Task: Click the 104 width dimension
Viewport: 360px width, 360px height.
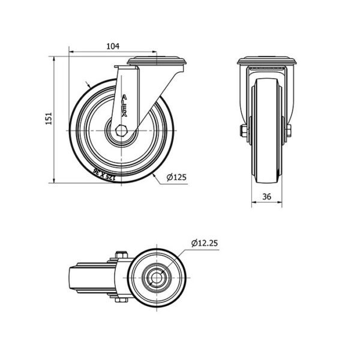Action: pos(113,46)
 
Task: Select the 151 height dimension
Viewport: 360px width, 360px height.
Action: pos(49,118)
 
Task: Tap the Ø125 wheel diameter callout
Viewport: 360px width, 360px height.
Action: pos(176,177)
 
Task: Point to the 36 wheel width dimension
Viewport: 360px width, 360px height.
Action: pos(266,197)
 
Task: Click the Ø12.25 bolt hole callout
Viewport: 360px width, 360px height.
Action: pos(205,243)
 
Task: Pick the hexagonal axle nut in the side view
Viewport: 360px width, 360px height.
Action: pos(121,131)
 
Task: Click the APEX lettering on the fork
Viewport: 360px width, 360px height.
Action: pos(124,106)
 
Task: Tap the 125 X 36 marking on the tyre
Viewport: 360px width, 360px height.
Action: pos(103,174)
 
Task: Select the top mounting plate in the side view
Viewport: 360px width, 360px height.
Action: pos(157,61)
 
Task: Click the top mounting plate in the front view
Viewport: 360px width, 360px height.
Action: pos(266,61)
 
